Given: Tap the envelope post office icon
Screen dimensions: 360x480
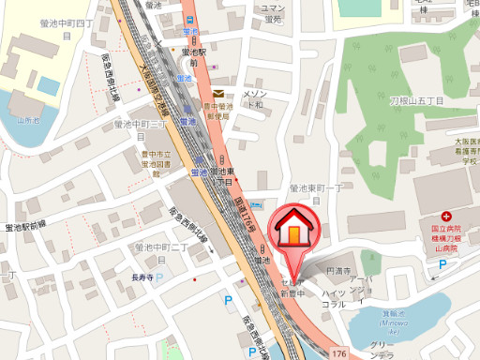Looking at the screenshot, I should click(217, 94).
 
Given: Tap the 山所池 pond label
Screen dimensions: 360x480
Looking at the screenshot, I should click(29, 120).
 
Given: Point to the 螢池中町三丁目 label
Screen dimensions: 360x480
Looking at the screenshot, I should click(141, 124).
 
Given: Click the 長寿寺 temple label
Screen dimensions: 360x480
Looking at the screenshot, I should click(142, 277).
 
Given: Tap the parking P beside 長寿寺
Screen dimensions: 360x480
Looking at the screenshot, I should click(158, 277).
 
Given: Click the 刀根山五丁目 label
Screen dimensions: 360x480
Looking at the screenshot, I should click(415, 101).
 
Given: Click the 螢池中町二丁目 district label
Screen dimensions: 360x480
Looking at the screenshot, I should click(163, 248).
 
